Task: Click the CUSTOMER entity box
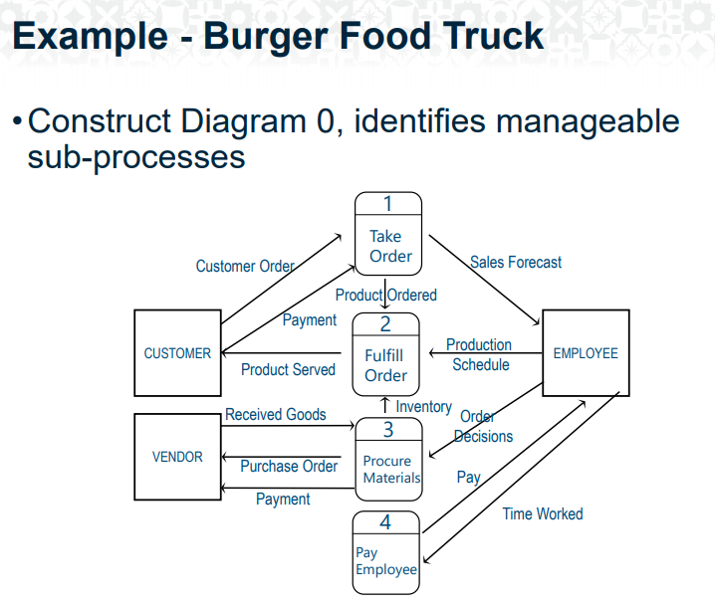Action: (177, 353)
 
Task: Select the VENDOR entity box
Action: (177, 457)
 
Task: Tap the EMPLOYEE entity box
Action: (586, 353)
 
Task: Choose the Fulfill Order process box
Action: (385, 355)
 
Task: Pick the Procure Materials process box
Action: (388, 460)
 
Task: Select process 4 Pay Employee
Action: (386, 552)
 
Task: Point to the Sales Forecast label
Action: (516, 263)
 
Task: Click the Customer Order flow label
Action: (245, 266)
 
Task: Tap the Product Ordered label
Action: (385, 295)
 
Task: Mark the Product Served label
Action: (288, 369)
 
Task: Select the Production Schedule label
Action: (479, 354)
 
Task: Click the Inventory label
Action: (423, 406)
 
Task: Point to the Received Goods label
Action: (276, 414)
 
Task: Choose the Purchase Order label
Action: (289, 466)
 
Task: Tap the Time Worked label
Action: (543, 513)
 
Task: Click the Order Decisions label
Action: (482, 427)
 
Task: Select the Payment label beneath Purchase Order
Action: (283, 499)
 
